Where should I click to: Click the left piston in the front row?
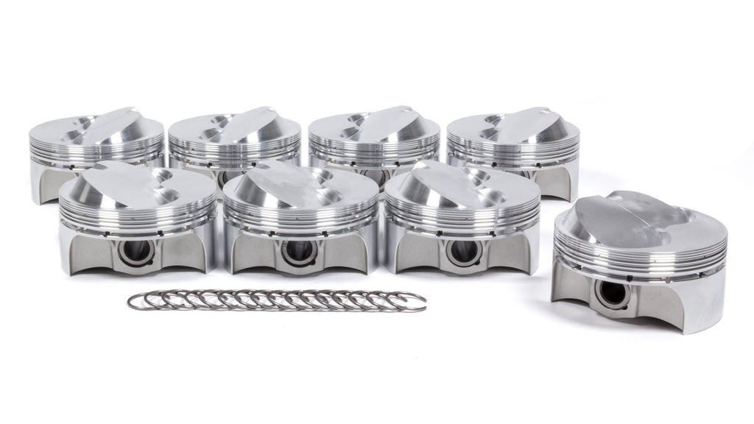coord(138,221)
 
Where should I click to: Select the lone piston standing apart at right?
coord(639,258)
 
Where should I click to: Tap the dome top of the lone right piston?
coord(641,210)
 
